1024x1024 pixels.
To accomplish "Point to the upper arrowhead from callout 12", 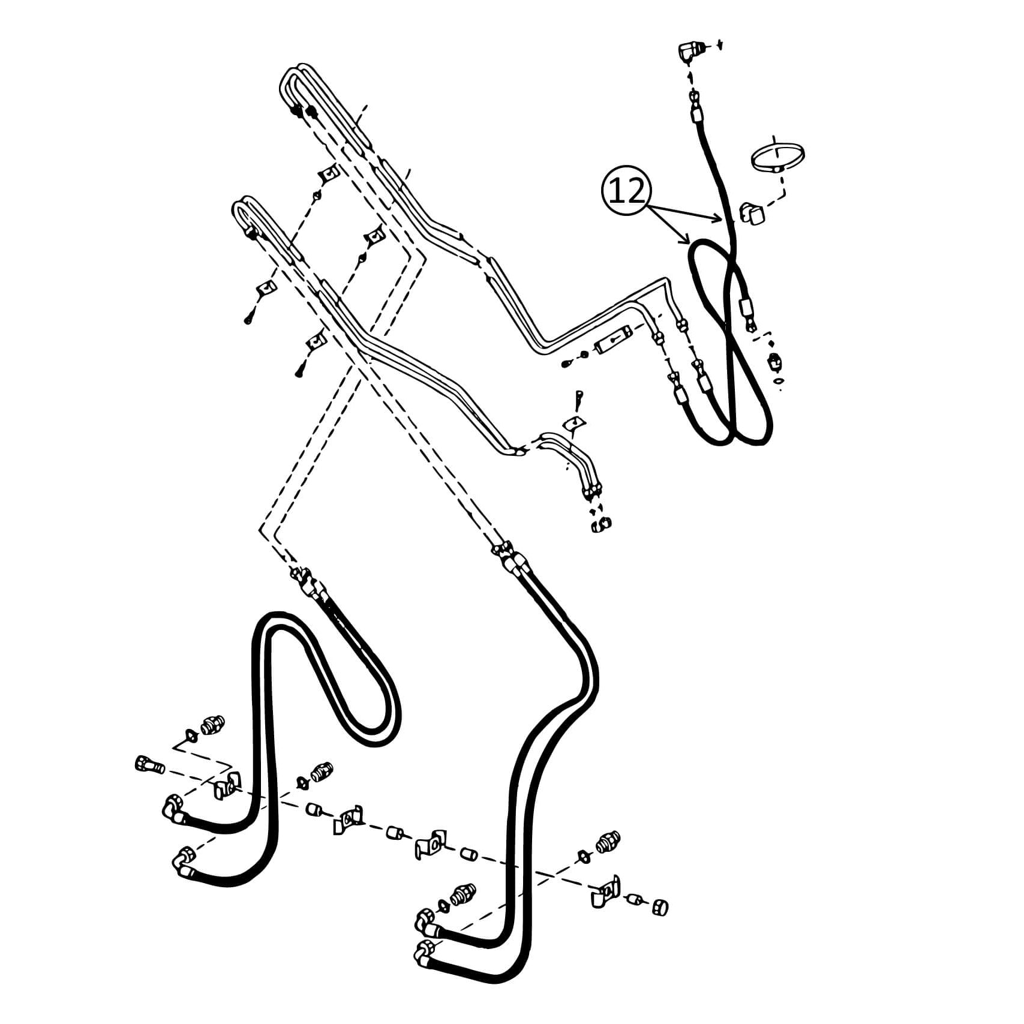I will coord(717,220).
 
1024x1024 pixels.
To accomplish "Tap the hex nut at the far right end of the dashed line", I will coord(660,906).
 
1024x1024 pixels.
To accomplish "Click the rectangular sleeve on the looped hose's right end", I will coord(747,308).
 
